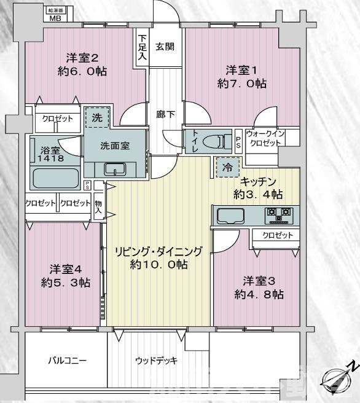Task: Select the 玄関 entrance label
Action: pyautogui.click(x=164, y=46)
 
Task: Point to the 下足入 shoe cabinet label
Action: pyautogui.click(x=142, y=47)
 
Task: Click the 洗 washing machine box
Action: pyautogui.click(x=97, y=117)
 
